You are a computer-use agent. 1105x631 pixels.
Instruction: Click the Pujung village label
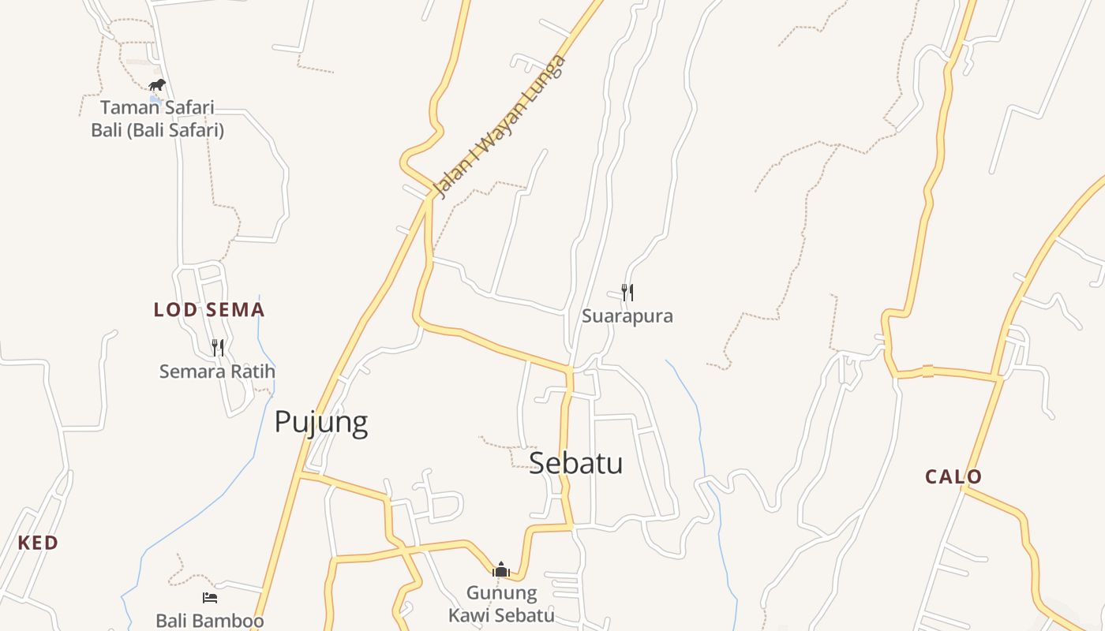(x=320, y=423)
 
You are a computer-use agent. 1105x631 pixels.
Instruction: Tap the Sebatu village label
(x=575, y=463)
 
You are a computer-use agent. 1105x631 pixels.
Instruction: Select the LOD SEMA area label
(x=209, y=310)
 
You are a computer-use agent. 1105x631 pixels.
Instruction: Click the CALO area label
(x=953, y=476)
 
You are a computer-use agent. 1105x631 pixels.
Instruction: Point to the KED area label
(x=38, y=543)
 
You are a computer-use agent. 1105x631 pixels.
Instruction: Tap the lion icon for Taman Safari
(x=157, y=85)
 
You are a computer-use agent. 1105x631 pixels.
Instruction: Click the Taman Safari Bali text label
(x=157, y=118)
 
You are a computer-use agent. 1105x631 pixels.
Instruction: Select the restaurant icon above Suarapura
(x=627, y=293)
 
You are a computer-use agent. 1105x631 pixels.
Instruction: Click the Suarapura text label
(x=627, y=316)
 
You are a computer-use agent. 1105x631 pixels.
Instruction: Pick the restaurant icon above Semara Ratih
(x=218, y=347)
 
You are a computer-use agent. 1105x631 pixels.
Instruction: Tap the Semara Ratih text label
(x=217, y=371)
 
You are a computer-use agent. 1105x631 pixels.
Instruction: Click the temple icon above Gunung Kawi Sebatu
(x=501, y=569)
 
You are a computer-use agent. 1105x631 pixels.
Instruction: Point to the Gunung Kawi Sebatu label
(x=501, y=604)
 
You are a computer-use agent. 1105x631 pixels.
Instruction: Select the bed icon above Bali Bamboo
(x=209, y=598)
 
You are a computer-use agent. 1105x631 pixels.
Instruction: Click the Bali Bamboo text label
(x=209, y=621)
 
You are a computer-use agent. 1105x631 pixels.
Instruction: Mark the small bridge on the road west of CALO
(x=928, y=371)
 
